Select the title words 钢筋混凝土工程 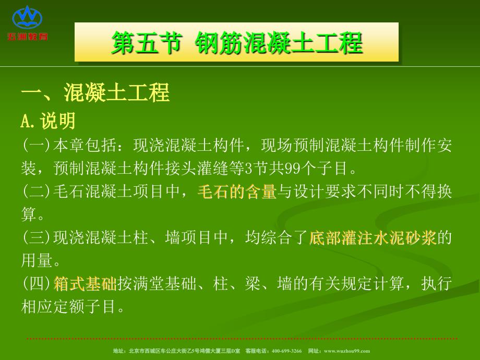(279, 43)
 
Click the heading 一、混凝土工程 (95, 93)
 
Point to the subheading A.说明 (48, 122)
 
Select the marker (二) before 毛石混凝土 (37, 192)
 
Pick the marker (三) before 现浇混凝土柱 (37, 238)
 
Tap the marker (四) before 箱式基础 (37, 284)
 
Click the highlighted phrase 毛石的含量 (237, 192)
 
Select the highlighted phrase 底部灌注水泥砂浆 (373, 238)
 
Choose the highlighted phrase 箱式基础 (85, 284)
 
